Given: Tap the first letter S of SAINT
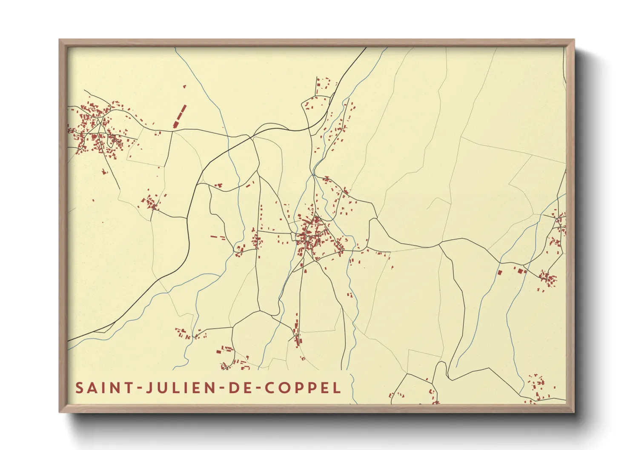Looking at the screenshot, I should pos(79,388).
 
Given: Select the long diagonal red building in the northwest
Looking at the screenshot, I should pos(180,116).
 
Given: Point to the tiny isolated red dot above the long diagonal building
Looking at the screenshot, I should pos(184,86).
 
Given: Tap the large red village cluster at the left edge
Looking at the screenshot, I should pos(96,128).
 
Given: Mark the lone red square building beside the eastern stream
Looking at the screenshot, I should pos(500,272).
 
